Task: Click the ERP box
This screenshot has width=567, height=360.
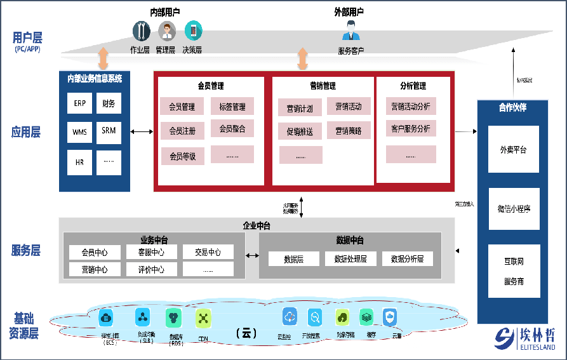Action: pos(79,103)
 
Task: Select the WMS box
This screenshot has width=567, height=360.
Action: pos(79,132)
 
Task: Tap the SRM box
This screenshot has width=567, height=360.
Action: pos(109,131)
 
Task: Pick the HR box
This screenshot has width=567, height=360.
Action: pos(79,163)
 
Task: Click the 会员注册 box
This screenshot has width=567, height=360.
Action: pos(182,131)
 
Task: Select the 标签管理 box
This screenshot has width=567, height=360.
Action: pos(232,107)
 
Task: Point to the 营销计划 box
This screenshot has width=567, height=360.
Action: pos(300,109)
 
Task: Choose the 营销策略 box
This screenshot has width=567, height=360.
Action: pos(349,131)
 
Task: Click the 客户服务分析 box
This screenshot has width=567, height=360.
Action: pos(411,129)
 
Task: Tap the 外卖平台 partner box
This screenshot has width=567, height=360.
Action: pos(513,150)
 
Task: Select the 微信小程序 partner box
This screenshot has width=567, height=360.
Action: pos(513,208)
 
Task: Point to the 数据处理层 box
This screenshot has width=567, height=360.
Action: pos(350,259)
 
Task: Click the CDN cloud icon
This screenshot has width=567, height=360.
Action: pos(203,318)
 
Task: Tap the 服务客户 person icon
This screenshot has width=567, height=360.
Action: pos(351,31)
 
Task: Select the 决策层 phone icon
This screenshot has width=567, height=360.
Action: pos(192,30)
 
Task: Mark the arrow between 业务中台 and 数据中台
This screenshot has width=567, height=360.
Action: pos(252,256)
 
